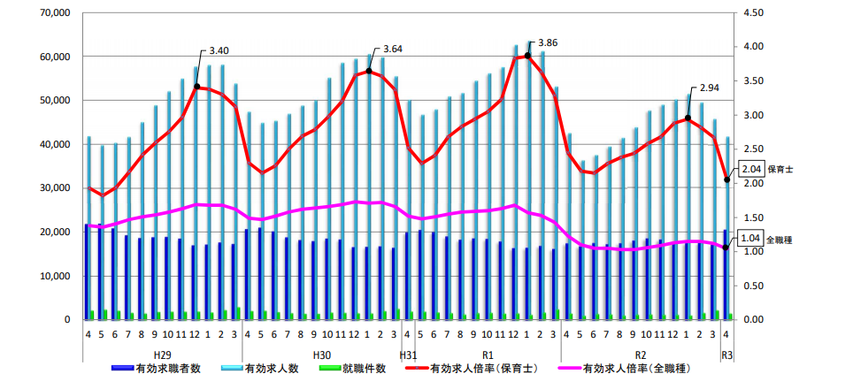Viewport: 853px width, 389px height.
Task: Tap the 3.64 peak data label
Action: coord(391,50)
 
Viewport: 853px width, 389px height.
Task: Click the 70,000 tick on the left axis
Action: coord(54,13)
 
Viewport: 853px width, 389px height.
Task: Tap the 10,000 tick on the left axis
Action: coord(54,276)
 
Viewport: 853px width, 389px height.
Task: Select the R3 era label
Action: coord(727,354)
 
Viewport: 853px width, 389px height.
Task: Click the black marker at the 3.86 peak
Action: coord(527,56)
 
